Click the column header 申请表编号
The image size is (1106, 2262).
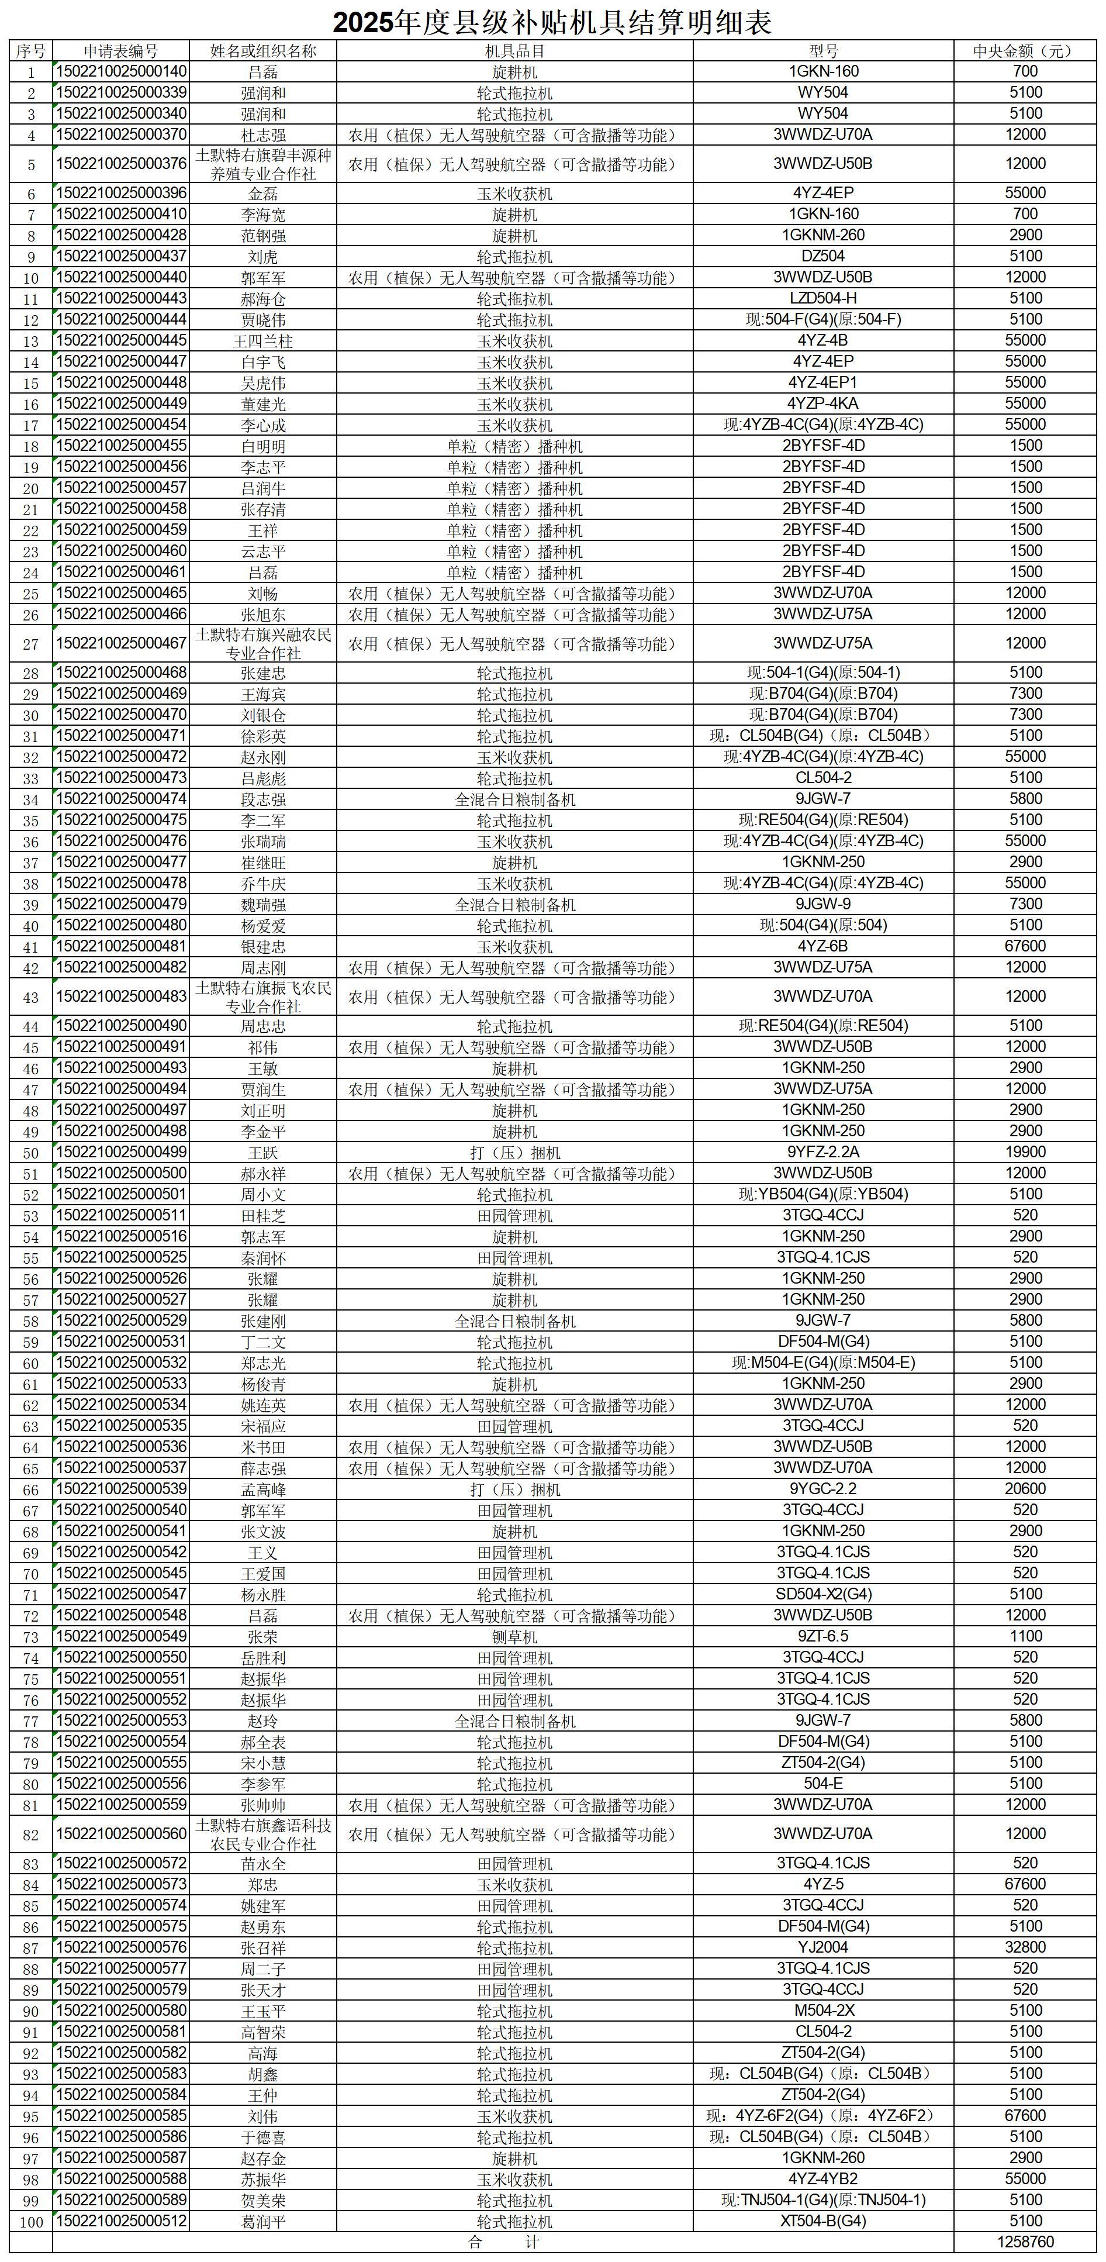(121, 51)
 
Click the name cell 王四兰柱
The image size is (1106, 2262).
(262, 341)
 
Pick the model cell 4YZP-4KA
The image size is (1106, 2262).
(822, 404)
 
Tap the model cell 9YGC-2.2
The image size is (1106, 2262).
(822, 1489)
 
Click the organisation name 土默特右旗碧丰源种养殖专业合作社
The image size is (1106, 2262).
(262, 164)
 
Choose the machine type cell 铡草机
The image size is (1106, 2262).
(514, 1637)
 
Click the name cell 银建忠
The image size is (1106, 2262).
(262, 947)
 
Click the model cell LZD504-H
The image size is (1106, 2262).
(822, 299)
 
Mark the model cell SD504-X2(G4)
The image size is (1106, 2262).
(822, 1595)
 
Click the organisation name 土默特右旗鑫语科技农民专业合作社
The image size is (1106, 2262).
(262, 1835)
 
